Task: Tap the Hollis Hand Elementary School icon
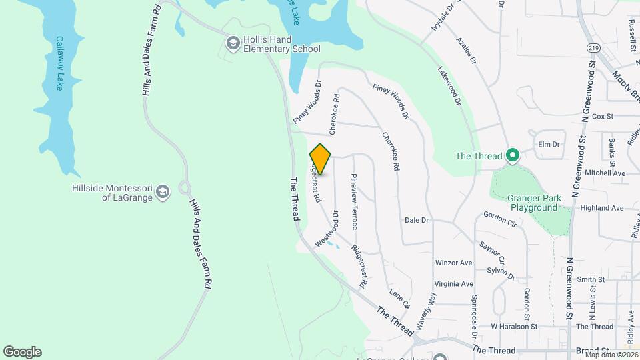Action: [x=233, y=44]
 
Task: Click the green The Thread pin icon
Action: [x=512, y=156]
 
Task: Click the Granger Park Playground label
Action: [x=534, y=203]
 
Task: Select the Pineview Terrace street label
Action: [x=354, y=201]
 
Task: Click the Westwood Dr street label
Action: [x=327, y=229]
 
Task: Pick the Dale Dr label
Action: [x=417, y=220]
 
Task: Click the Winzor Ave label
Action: [x=453, y=263]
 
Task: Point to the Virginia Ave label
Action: [x=453, y=283]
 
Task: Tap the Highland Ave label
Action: [x=602, y=208]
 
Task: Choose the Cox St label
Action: [x=602, y=116]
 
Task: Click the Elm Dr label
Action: [x=548, y=144]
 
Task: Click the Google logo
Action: [x=22, y=352]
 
